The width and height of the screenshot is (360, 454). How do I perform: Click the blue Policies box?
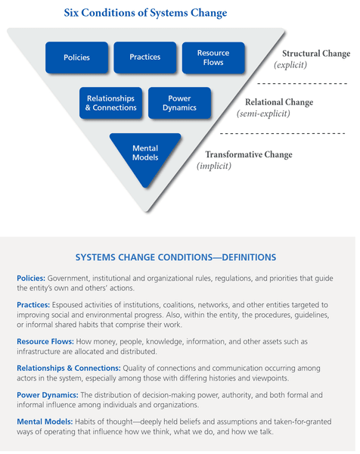tap(76, 58)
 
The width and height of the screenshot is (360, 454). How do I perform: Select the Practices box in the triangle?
tap(144, 58)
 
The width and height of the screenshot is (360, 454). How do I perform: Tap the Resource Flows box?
tap(213, 58)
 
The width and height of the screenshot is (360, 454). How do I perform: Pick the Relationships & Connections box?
tap(110, 103)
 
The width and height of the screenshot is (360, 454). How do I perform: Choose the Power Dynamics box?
tap(179, 103)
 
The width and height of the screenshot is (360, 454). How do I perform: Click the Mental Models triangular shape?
tap(145, 154)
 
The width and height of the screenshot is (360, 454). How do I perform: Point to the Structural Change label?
tap(315, 54)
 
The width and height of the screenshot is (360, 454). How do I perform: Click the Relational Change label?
tap(278, 103)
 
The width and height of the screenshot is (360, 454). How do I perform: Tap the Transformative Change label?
tap(248, 155)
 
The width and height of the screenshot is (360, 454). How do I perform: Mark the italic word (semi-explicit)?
tap(262, 114)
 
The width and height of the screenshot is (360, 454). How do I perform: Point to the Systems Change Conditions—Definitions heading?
tap(177, 257)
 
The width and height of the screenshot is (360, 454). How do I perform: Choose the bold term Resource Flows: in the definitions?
tap(45, 342)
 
